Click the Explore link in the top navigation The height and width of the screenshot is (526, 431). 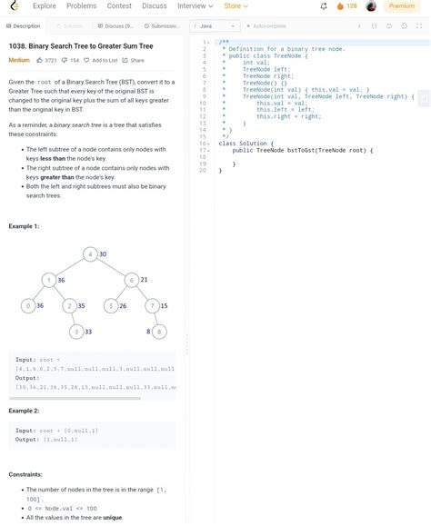pos(45,6)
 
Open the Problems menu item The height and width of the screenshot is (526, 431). pos(82,6)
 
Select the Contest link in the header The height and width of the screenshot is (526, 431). pos(119,6)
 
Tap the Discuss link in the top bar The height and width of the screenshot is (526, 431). pos(155,6)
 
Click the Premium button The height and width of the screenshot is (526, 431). pos(401,6)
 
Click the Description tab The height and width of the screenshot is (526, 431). pos(23,26)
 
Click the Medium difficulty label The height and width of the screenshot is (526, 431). pos(19,60)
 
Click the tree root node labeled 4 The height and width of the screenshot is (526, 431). pos(91,254)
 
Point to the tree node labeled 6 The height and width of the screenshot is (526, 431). pos(132,280)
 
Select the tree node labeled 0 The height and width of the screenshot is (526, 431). pos(28,306)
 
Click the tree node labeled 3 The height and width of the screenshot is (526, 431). pos(77,332)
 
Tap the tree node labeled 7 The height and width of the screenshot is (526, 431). pos(153,306)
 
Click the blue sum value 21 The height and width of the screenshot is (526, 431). pos(144,280)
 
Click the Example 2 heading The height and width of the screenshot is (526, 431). pos(24,411)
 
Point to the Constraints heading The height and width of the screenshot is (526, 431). pos(25,474)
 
